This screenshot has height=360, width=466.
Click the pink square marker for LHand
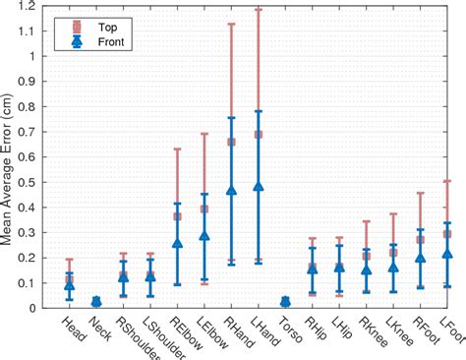[x=259, y=134]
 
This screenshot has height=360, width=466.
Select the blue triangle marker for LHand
[x=259, y=186]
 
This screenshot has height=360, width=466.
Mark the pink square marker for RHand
[x=232, y=142]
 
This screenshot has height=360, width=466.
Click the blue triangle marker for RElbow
[x=177, y=242]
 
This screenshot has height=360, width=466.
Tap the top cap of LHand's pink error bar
[x=259, y=9]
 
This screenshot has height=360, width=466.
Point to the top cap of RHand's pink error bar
[x=232, y=24]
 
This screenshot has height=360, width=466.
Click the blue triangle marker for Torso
[x=286, y=302]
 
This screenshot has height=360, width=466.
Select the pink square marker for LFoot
[x=448, y=234]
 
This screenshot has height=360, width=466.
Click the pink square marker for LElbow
[x=204, y=209]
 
